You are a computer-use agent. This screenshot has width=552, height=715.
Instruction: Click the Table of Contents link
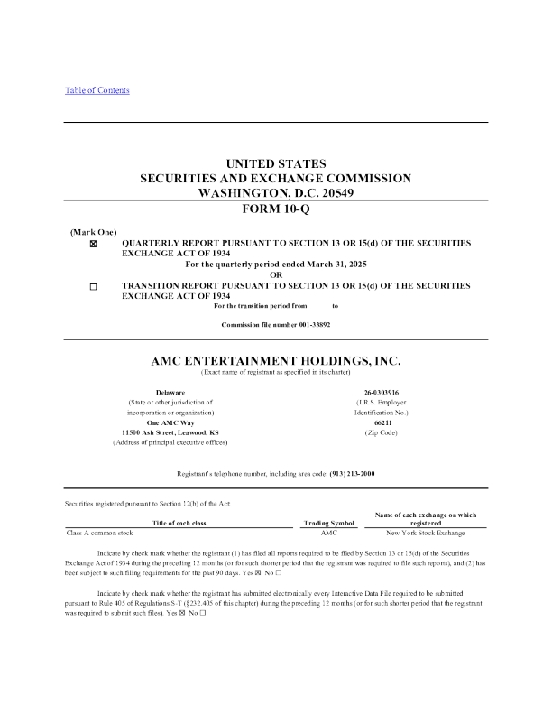click(97, 90)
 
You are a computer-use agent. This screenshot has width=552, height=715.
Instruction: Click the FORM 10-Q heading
click(275, 209)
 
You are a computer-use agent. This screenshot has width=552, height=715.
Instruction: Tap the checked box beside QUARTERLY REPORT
click(94, 245)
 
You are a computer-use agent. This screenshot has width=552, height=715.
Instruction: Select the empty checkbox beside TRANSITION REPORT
click(94, 286)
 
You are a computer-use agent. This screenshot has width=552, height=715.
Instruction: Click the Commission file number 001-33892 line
click(275, 324)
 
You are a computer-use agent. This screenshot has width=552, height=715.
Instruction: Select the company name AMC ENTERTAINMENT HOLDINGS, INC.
click(275, 360)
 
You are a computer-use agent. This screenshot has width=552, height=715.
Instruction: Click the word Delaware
click(170, 393)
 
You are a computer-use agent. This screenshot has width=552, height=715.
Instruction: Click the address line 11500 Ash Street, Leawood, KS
click(170, 432)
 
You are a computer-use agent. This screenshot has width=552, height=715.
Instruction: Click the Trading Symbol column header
click(328, 523)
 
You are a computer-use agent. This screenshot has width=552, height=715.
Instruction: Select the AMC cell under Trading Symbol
click(328, 533)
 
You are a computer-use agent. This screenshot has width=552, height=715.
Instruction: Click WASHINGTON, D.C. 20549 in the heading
click(275, 192)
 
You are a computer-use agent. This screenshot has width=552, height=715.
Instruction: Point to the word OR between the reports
click(275, 275)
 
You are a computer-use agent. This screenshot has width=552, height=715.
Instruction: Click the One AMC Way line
click(170, 422)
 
